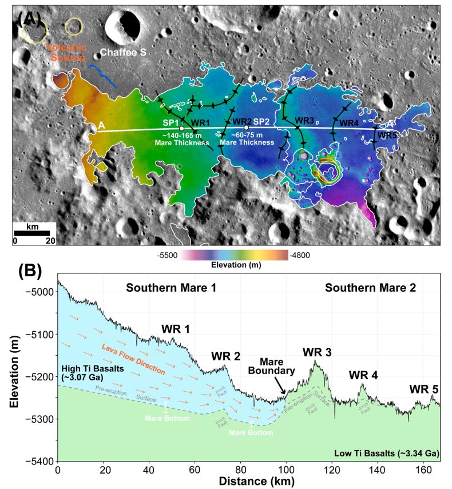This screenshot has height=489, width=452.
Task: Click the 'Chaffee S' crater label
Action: pos(123,53)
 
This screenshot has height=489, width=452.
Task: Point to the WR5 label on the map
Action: pos(387,135)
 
